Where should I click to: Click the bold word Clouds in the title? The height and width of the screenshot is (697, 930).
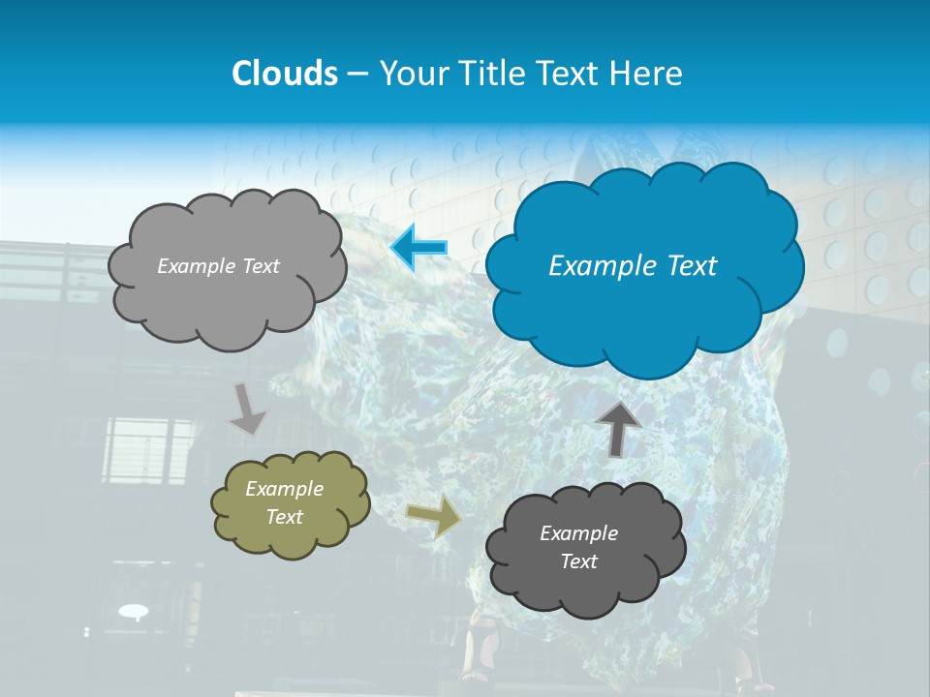tap(284, 74)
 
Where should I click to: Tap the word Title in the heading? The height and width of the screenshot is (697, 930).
tap(492, 74)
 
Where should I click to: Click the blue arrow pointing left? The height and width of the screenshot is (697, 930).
tap(419, 247)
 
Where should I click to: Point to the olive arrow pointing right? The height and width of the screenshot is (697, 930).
tap(434, 518)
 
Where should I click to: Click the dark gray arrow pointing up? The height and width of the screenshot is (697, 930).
tap(618, 429)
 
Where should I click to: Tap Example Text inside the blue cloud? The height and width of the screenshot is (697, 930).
tap(633, 266)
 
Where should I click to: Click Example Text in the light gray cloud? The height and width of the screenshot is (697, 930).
tap(218, 266)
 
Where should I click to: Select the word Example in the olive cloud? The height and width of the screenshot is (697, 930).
tap(284, 489)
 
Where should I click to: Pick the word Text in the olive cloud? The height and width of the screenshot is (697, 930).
tap(284, 517)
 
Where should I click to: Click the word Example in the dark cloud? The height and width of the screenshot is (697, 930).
tap(578, 533)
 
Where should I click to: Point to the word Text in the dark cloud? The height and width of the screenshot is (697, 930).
tap(578, 561)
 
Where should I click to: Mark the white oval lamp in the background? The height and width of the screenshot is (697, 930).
tap(134, 610)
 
